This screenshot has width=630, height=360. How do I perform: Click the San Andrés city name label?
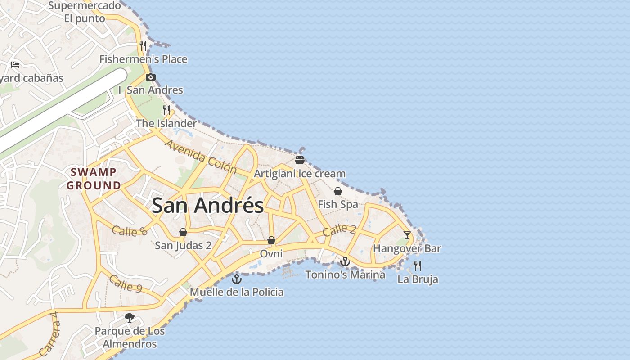coord(207,206)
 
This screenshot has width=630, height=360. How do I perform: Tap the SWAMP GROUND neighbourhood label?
coord(94,179)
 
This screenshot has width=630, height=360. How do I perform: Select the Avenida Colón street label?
coord(201,157)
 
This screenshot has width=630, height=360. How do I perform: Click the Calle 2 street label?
coord(339,230)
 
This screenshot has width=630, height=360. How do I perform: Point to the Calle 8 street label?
coord(130,231)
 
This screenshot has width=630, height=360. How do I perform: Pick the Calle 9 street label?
coord(127,283)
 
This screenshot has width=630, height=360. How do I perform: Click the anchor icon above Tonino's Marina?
coord(345,261)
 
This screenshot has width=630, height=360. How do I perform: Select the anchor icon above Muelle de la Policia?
coord(236,279)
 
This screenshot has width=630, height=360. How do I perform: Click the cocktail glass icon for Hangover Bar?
coord(407,235)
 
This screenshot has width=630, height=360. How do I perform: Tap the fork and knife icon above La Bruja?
coord(417,266)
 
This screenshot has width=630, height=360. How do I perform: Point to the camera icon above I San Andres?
coord(151,77)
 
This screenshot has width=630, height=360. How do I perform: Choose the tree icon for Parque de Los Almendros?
coord(130,318)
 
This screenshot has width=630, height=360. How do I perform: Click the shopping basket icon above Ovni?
coord(271,241)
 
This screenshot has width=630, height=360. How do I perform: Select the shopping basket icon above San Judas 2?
coord(183,232)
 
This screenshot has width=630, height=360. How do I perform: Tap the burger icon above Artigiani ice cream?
coord(300,160)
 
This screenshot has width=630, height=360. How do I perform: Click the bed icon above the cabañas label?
coord(15,64)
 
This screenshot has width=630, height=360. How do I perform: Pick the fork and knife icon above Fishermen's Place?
coord(143,45)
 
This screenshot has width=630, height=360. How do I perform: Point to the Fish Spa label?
coord(338,204)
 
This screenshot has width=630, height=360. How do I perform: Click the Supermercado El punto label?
coord(85,12)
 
